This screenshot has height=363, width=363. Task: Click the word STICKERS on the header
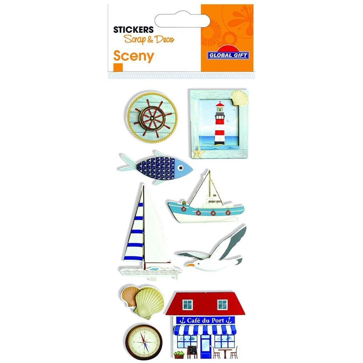click(x=133, y=30)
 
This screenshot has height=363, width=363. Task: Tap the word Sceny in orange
click(x=134, y=56)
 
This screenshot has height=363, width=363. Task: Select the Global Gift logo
click(x=228, y=54)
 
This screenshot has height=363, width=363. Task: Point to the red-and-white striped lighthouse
click(x=220, y=124)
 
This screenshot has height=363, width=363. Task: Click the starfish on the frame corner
click(x=199, y=152)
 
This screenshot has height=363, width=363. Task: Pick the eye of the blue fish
click(x=181, y=167)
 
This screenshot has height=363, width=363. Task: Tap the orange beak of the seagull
click(x=191, y=265)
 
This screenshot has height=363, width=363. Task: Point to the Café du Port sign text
click(x=205, y=321)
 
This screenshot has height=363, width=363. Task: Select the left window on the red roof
click(x=188, y=305)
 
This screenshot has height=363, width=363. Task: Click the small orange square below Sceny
click(x=118, y=68)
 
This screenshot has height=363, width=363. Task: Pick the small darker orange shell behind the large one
click(x=130, y=296)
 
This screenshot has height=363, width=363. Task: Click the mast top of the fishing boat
click(x=209, y=172)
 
